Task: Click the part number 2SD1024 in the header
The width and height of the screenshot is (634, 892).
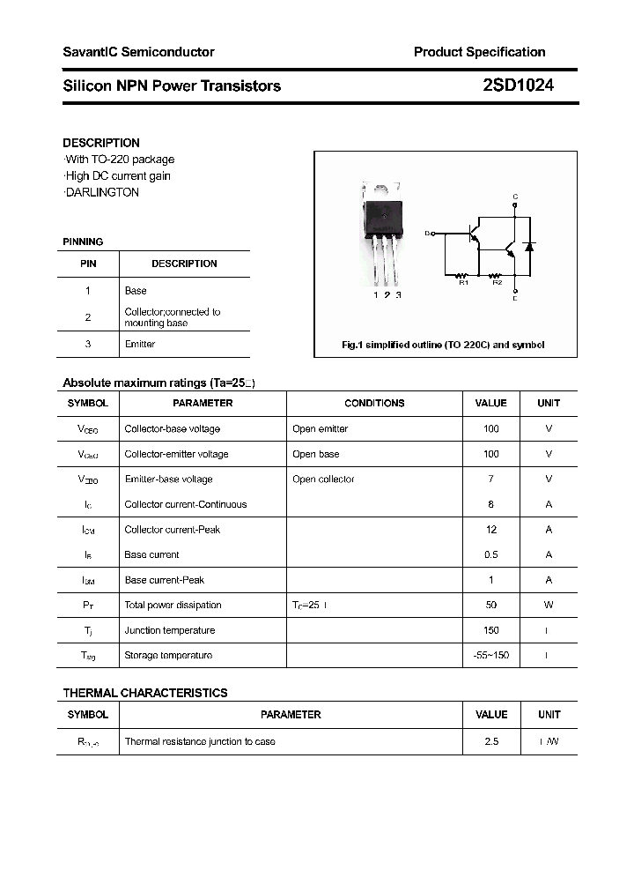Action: pos(518,85)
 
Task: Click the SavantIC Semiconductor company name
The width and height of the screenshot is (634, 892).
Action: pos(138,52)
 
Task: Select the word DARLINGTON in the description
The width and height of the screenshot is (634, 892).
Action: pos(102,192)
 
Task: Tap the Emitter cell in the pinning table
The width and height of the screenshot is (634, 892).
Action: pos(140,344)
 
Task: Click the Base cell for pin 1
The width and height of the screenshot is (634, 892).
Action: pos(136,290)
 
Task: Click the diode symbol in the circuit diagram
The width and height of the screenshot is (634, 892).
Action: pos(528,246)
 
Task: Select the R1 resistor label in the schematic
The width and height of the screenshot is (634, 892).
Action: pos(463,282)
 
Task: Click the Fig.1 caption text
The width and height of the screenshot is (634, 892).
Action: pos(443,345)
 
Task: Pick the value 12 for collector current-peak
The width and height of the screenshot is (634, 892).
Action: pos(490,530)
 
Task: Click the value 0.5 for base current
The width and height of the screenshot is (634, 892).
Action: pos(490,554)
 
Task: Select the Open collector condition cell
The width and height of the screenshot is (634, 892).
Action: pos(323,479)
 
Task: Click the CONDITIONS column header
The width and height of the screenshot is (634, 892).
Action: pos(374,403)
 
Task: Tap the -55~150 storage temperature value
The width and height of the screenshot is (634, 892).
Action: pos(490,655)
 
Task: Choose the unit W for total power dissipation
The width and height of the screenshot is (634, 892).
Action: pos(548,605)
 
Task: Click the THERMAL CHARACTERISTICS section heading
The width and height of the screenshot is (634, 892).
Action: pos(145,693)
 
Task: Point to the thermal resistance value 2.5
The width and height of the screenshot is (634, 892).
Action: pos(490,741)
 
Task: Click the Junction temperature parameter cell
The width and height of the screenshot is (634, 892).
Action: pos(169,630)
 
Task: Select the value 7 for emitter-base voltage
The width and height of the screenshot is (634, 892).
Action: pos(490,479)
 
